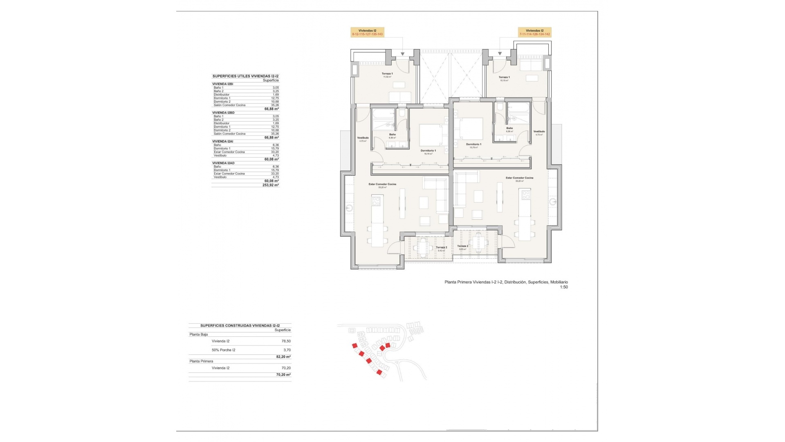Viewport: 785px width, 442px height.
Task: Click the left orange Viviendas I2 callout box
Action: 367,32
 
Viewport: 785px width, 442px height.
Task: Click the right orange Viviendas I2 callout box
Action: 534,32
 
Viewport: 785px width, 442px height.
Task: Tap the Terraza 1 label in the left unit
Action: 387,74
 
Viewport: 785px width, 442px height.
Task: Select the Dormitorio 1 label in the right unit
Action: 473,144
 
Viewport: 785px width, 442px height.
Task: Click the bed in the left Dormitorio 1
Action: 431,135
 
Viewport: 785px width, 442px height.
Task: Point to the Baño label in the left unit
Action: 392,135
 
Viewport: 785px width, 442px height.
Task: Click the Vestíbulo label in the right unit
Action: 539,132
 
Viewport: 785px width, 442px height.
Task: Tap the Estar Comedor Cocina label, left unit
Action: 382,184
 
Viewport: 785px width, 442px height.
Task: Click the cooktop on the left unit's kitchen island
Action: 90,201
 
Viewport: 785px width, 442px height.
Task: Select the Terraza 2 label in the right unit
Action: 462,246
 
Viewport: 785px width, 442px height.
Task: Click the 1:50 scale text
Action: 563,287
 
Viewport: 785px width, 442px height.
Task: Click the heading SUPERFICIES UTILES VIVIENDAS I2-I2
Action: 245,76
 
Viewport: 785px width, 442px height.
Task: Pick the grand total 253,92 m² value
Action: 270,185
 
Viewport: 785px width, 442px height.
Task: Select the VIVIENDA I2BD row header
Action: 223,113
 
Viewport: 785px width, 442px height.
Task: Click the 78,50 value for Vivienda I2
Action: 286,341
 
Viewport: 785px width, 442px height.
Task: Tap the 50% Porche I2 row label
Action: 224,350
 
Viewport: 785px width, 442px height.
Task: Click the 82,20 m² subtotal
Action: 283,357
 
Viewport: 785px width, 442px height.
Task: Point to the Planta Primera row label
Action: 201,361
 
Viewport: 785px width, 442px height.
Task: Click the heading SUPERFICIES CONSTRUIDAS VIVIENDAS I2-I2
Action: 240,325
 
